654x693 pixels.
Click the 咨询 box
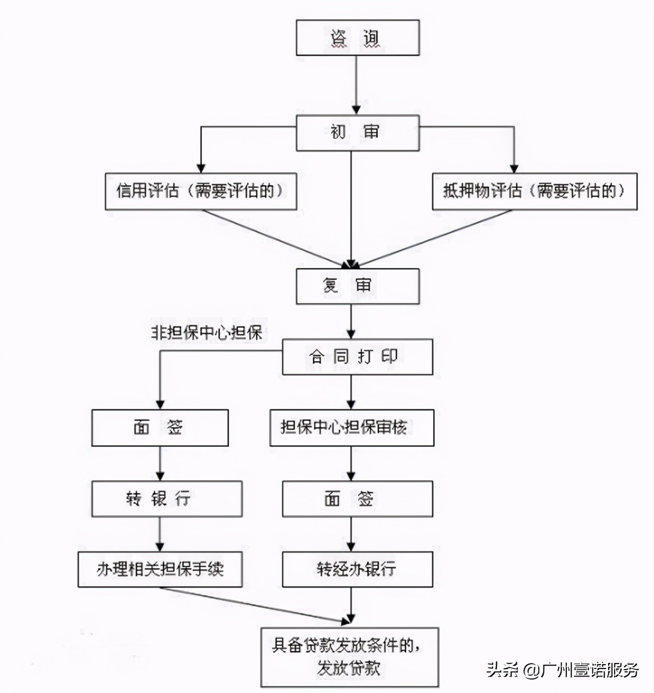click(x=357, y=38)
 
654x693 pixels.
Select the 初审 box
click(x=357, y=133)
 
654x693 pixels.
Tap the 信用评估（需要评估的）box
click(x=201, y=191)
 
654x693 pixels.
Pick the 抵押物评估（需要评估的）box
click(x=534, y=191)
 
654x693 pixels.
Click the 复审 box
click(x=357, y=286)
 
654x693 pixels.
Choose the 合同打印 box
click(x=357, y=357)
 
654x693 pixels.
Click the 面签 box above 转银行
click(x=160, y=428)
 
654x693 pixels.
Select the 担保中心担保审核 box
click(x=351, y=428)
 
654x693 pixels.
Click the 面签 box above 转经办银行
click(x=357, y=498)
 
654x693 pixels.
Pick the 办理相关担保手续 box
click(x=160, y=569)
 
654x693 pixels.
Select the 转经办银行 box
click(x=357, y=569)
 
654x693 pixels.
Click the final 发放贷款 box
click(x=349, y=657)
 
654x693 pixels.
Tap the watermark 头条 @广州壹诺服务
click(x=562, y=670)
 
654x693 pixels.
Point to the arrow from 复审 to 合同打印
click(x=351, y=322)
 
